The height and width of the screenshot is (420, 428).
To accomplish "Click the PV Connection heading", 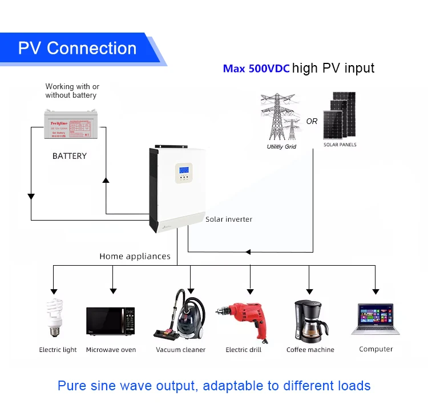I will pyautogui.click(x=77, y=48).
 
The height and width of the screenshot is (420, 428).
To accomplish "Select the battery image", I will pyautogui.click(x=70, y=123).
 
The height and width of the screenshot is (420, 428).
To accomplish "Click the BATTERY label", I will pyautogui.click(x=69, y=156).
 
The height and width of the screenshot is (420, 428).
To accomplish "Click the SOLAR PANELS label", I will pyautogui.click(x=340, y=145).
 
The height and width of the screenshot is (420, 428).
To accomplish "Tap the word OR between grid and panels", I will pyautogui.click(x=312, y=121).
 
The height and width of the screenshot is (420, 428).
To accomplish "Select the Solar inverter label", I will pyautogui.click(x=228, y=219).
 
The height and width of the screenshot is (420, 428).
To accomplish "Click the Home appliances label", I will pyautogui.click(x=135, y=257).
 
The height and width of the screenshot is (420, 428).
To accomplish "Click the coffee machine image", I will pyautogui.click(x=309, y=319).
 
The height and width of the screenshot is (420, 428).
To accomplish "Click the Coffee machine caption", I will pyautogui.click(x=310, y=350).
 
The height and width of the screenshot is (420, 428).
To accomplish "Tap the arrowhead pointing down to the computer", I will pyautogui.click(x=375, y=290).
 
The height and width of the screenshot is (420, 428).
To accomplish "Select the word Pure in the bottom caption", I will pyautogui.click(x=72, y=386).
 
